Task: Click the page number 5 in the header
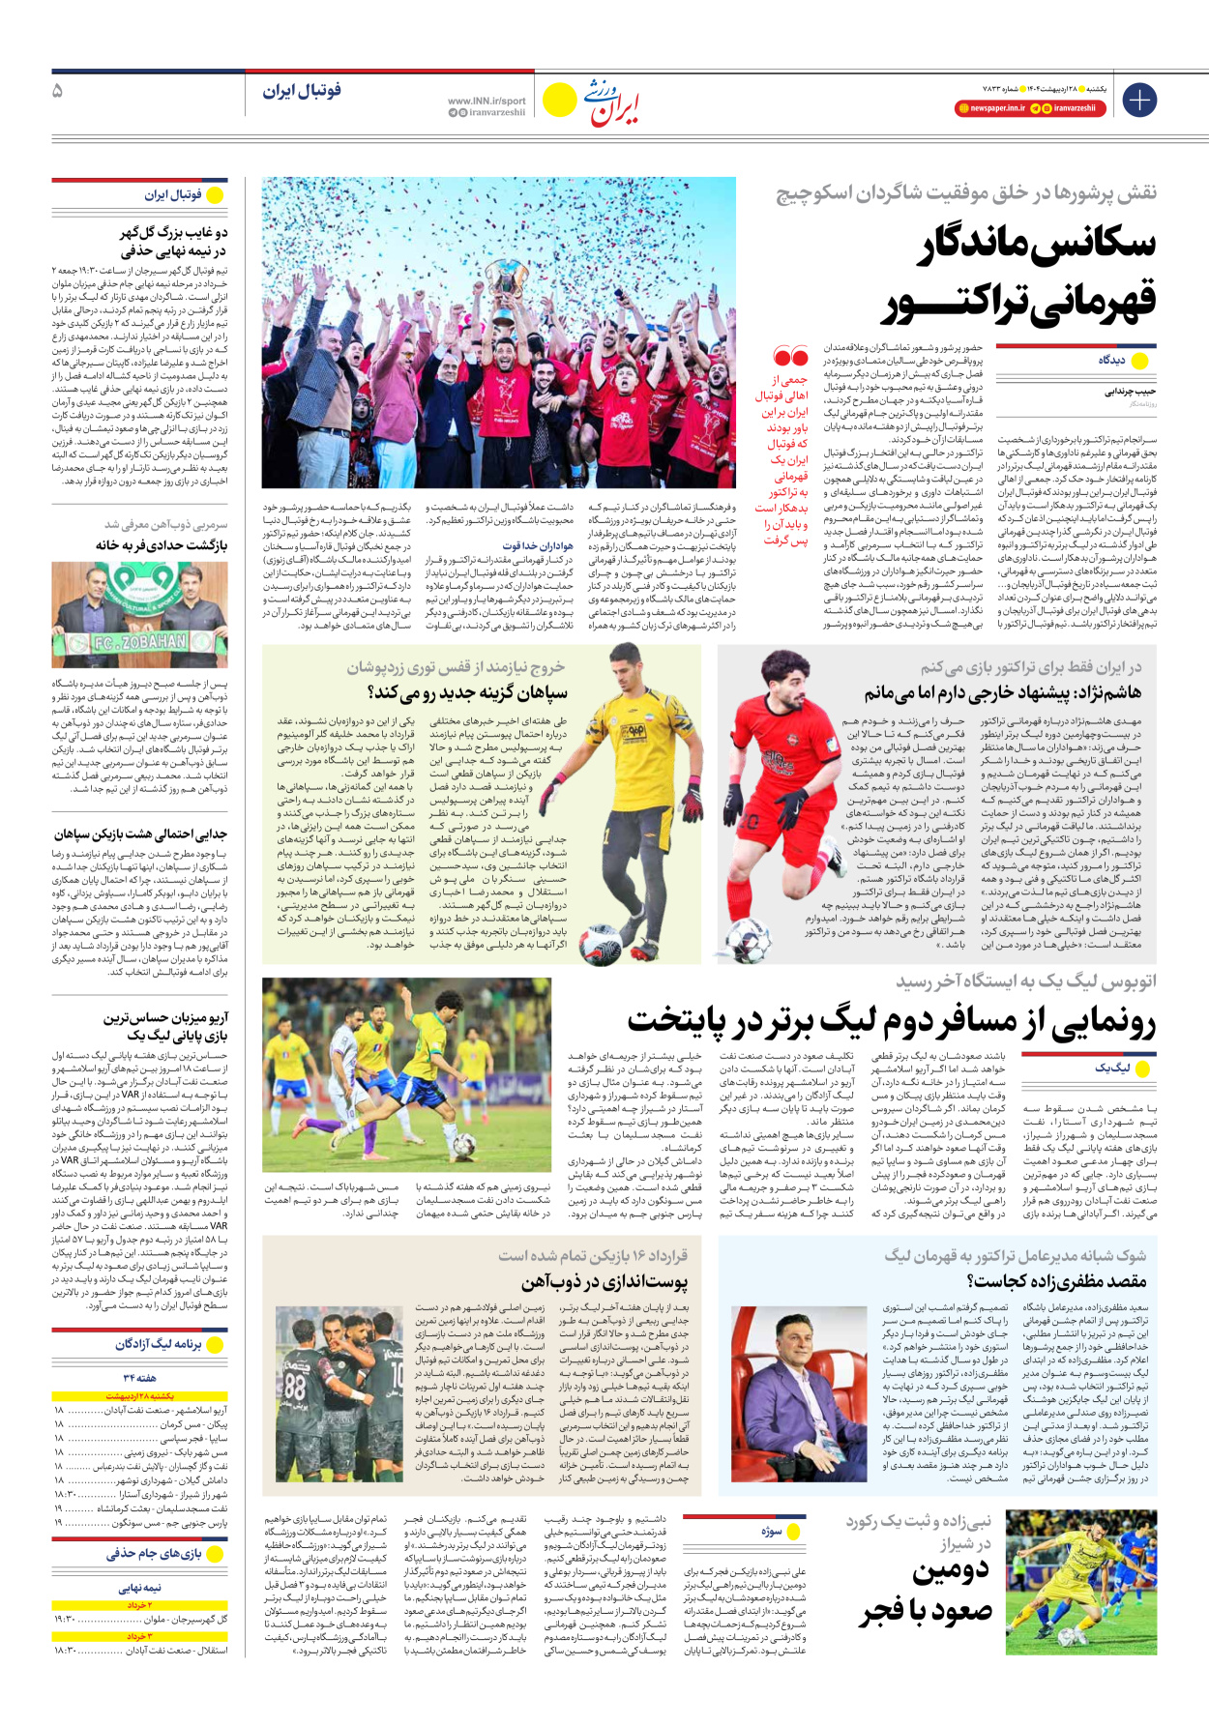[x=58, y=91]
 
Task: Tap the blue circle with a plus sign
[x=1139, y=100]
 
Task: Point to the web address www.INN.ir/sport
[x=487, y=101]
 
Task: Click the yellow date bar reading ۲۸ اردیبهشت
[x=140, y=1396]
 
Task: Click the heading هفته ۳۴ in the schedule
[x=140, y=1378]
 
